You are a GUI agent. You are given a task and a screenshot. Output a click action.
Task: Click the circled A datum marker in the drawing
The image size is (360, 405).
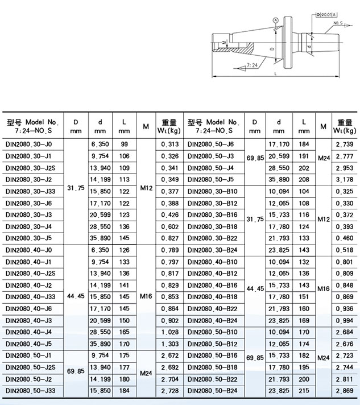point(276,20)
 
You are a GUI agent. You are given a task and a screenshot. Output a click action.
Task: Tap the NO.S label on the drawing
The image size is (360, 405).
point(339,24)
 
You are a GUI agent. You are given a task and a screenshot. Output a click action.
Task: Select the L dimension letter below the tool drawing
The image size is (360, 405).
point(275,73)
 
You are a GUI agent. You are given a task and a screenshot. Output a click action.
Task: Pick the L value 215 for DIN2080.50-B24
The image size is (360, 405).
point(305,391)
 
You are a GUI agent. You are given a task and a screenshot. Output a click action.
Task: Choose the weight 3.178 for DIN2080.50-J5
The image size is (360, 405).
point(345,180)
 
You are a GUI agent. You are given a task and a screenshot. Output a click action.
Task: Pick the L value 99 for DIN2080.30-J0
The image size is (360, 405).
point(124,144)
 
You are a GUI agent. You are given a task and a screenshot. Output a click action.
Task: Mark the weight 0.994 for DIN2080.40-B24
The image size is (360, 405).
point(345,320)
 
